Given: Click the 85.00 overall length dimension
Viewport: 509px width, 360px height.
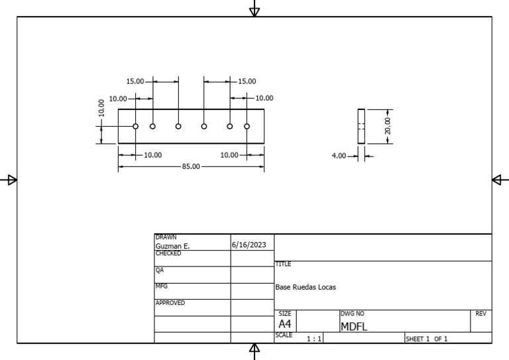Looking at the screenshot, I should click(x=190, y=166).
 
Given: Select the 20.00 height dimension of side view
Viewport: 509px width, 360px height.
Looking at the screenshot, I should click(x=388, y=126).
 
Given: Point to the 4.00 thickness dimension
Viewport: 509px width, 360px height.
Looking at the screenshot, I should click(x=339, y=156).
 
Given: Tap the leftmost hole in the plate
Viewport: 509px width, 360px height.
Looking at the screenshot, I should click(x=135, y=126).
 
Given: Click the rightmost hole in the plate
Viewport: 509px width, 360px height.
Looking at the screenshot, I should click(x=247, y=126).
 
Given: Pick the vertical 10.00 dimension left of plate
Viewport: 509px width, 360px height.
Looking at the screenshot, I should click(x=101, y=107).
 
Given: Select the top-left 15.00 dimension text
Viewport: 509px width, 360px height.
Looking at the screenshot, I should click(x=135, y=82).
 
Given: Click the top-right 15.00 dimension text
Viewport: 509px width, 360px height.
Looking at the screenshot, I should click(x=247, y=82).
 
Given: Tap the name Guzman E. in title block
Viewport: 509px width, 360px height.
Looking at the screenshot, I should click(x=172, y=246).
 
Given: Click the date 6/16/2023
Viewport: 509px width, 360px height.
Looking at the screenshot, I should click(x=249, y=245).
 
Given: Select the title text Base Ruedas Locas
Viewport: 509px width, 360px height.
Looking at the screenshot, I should click(x=306, y=288).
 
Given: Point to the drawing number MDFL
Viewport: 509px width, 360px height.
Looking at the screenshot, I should click(x=354, y=326).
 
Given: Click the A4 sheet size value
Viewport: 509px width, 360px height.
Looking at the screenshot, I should click(x=285, y=324).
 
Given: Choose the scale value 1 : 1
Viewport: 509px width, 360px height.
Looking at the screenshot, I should click(x=314, y=339).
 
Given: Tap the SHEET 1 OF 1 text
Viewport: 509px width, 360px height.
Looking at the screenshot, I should click(x=427, y=339).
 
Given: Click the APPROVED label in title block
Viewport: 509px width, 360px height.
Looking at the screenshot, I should click(x=170, y=303).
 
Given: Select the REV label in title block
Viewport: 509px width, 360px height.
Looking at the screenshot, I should click(x=482, y=314).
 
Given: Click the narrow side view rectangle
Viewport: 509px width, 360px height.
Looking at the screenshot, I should click(x=361, y=126).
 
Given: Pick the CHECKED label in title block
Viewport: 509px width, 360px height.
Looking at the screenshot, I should click(x=168, y=253).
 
